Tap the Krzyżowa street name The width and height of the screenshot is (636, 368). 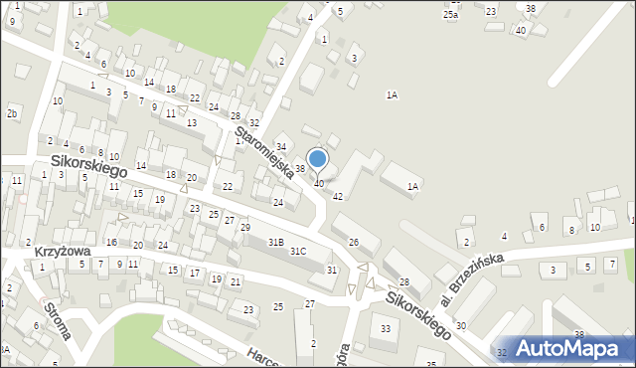(x=63, y=252)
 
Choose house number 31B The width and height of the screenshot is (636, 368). (x=275, y=242)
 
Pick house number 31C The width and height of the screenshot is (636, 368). (x=298, y=252)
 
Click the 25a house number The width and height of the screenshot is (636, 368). (x=451, y=15)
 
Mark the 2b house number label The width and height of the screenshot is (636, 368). (x=12, y=113)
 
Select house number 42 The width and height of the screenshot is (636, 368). (x=338, y=196)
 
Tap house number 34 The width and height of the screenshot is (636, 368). (x=280, y=147)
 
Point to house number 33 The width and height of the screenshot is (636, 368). (x=386, y=328)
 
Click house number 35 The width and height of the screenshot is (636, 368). (x=430, y=364)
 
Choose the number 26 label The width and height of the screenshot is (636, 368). (x=353, y=242)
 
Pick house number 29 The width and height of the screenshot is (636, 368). (x=244, y=228)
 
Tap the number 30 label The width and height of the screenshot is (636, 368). (x=460, y=326)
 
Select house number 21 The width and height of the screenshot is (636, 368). (x=235, y=282)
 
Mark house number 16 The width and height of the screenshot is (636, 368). (x=111, y=242)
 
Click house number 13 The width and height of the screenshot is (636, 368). (x=191, y=122)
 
